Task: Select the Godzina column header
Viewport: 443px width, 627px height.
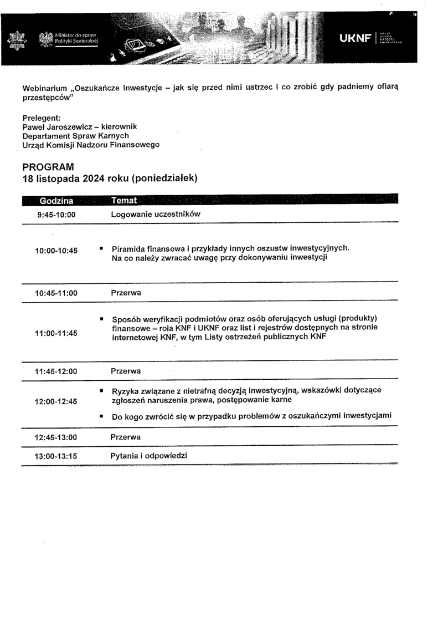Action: [55, 200]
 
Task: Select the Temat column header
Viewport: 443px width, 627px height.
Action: [124, 200]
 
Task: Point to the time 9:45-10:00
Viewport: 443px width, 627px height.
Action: [55, 215]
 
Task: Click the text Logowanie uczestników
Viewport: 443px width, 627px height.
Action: [155, 215]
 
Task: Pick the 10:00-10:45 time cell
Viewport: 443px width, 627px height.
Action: [56, 251]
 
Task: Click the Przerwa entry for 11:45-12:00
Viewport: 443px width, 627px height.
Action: [126, 371]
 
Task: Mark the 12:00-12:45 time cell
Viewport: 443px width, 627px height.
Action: [56, 402]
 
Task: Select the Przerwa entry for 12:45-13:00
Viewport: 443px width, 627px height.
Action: [126, 437]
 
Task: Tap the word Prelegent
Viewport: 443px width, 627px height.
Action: [41, 118]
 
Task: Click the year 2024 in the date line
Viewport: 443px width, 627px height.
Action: [95, 179]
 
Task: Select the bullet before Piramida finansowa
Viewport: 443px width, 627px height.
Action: [102, 248]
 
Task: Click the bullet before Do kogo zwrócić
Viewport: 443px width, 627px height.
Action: [102, 416]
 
